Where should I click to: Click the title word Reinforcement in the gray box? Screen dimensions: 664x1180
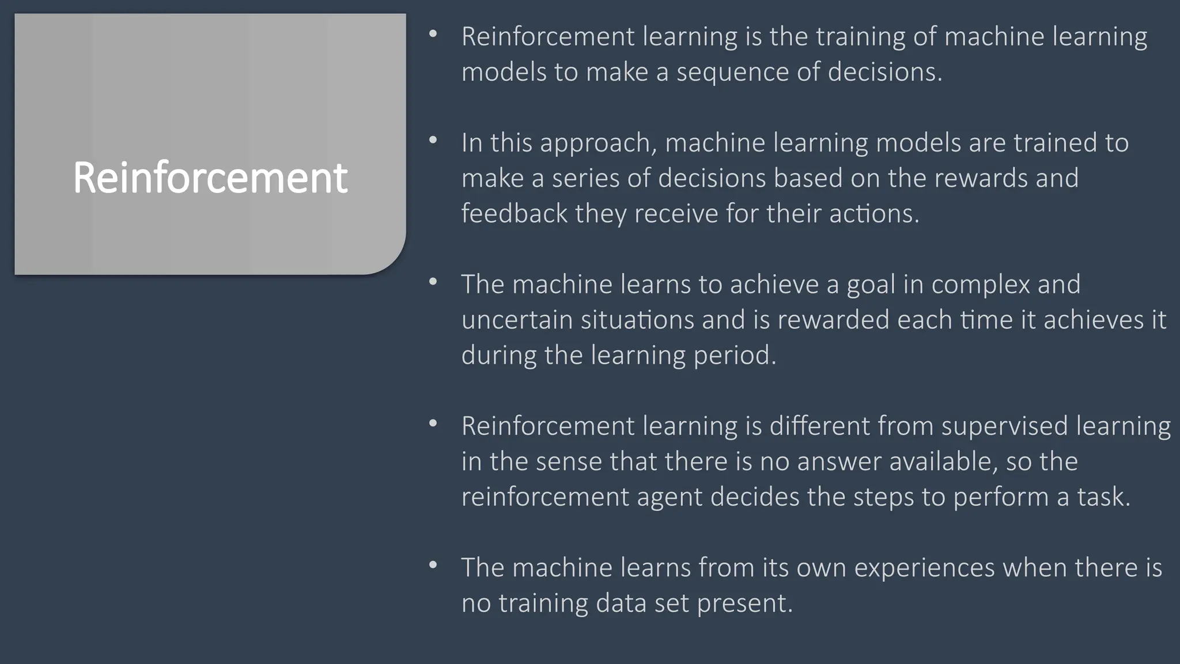210,178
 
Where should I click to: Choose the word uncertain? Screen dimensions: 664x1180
517,320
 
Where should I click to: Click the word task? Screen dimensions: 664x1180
1103,497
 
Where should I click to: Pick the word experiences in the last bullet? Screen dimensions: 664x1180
924,568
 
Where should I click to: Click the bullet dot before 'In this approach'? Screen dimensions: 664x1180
433,140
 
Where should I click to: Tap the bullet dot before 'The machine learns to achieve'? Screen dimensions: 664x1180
433,282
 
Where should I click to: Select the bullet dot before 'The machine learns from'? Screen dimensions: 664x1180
433,565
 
